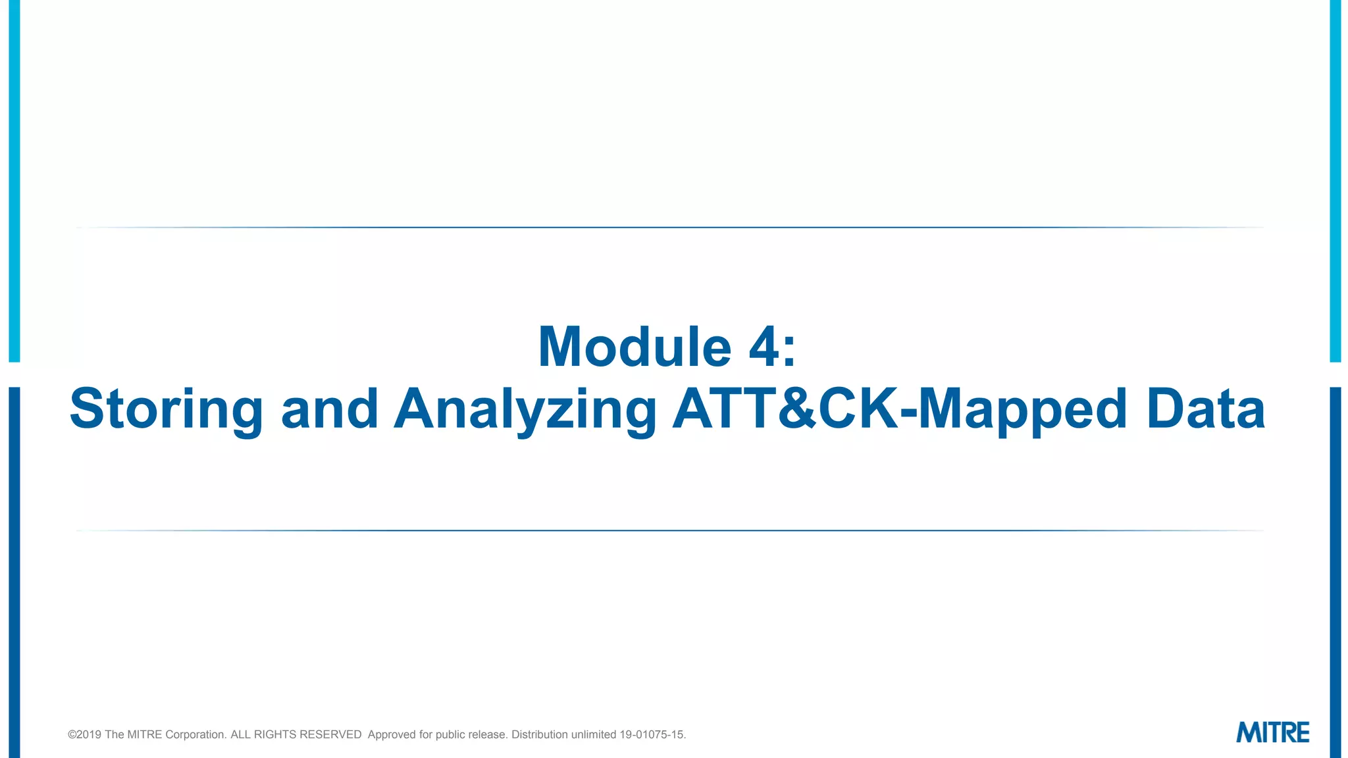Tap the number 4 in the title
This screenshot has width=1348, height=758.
[x=764, y=347]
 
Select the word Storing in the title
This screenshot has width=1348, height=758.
[x=166, y=409]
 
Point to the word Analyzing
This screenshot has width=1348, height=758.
[x=525, y=409]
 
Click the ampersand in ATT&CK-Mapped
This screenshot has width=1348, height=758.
[x=797, y=409]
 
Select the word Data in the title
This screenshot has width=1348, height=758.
[x=1205, y=409]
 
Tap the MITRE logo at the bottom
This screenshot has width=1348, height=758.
[x=1272, y=732]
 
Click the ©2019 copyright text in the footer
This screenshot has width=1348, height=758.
[x=84, y=734]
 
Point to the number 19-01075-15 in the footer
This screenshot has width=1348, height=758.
[x=652, y=734]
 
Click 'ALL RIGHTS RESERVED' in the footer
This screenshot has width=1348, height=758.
[x=296, y=734]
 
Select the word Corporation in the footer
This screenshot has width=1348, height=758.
[x=195, y=734]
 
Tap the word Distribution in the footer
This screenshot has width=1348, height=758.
[x=540, y=734]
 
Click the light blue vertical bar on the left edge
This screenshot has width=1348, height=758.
[x=14, y=181]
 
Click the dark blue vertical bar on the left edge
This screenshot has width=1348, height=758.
[x=14, y=572]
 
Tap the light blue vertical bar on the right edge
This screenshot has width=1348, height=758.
[x=1335, y=181]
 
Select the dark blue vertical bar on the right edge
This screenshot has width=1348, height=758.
[x=1335, y=572]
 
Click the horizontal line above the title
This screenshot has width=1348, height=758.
[x=670, y=228]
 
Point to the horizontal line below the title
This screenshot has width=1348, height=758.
[x=670, y=530]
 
